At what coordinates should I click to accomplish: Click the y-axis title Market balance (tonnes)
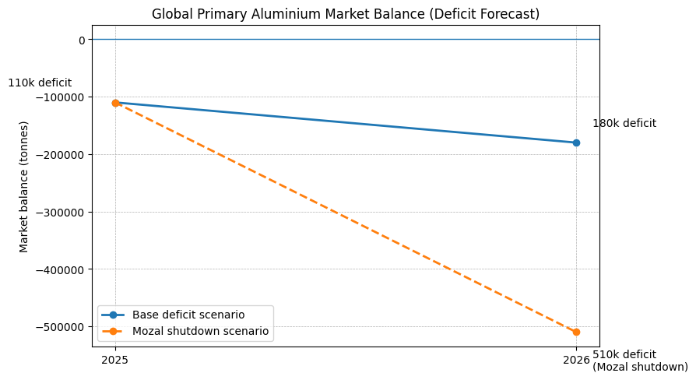click(x=24, y=186)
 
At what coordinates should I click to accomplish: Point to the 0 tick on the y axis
click(x=81, y=40)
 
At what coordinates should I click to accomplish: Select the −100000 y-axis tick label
click(x=58, y=97)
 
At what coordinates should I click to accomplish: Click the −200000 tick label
click(x=58, y=155)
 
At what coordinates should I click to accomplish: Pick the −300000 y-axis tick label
click(x=58, y=213)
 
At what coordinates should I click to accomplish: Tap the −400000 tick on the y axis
click(x=58, y=269)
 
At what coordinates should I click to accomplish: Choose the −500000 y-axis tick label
click(x=58, y=327)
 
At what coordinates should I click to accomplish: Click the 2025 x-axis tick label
click(x=115, y=360)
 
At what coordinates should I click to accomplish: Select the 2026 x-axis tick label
click(x=576, y=360)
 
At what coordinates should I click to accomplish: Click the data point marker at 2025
click(x=115, y=103)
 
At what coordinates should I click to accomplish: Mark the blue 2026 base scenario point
click(x=576, y=142)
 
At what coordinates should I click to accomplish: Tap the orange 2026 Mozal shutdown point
click(x=576, y=332)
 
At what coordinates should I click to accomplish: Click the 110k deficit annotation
click(x=40, y=83)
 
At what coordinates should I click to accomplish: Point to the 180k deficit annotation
click(x=624, y=123)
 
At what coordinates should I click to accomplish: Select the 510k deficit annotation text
click(x=624, y=354)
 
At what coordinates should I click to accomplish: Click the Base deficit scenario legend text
click(x=188, y=315)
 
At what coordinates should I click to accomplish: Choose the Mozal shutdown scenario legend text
click(x=200, y=331)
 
